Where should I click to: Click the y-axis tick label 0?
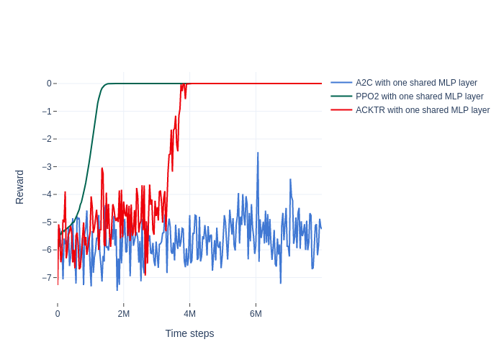[x=49, y=84]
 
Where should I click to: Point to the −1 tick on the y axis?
[x=46, y=112]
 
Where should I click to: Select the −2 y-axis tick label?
[x=46, y=139]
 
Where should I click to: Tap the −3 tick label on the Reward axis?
[x=46, y=167]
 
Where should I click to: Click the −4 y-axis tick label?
[x=46, y=194]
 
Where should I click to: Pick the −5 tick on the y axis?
[x=46, y=222]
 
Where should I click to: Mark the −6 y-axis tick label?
[x=46, y=250]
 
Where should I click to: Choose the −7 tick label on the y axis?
[x=46, y=278]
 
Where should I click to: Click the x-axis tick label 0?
[x=58, y=314]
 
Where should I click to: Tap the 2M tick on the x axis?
[x=124, y=314]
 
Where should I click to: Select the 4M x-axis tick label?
[x=189, y=314]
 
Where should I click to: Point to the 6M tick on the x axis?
[x=256, y=314]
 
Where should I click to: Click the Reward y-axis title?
[x=19, y=187]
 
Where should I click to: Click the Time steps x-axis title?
[x=189, y=333]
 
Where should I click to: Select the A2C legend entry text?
[x=416, y=83]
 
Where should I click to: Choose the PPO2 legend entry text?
[x=419, y=96]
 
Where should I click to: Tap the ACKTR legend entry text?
[x=422, y=110]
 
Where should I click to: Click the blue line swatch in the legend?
[x=341, y=83]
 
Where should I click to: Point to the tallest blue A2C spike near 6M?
[x=258, y=153]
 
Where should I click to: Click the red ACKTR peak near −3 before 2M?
[x=102, y=168]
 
